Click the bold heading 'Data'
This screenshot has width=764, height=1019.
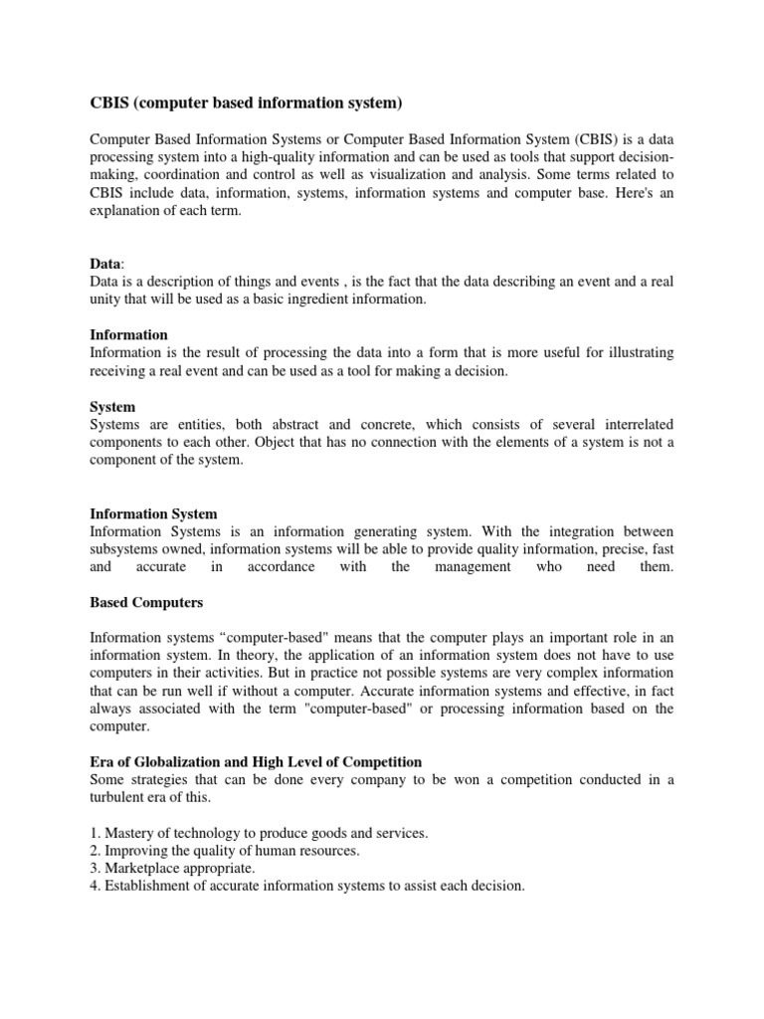click(x=106, y=264)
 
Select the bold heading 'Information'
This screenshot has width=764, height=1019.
click(x=128, y=334)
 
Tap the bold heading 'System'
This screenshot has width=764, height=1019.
click(x=112, y=407)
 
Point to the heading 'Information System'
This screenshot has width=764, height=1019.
click(x=153, y=514)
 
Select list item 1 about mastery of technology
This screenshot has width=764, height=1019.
click(x=259, y=833)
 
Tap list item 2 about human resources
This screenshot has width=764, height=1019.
click(x=225, y=850)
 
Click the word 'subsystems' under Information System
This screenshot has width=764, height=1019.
click(x=124, y=549)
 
